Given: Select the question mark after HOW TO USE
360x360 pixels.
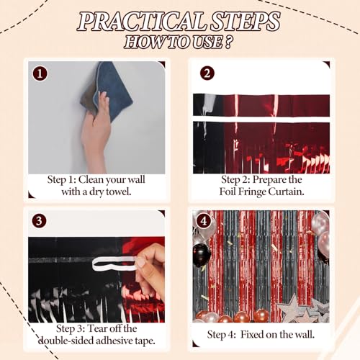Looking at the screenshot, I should click(x=229, y=42).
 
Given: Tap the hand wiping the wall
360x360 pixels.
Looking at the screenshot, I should click(x=96, y=130).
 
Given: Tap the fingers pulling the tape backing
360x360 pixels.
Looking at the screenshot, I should click(x=150, y=263).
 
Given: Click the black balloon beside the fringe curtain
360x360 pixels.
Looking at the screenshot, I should click(x=202, y=253).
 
